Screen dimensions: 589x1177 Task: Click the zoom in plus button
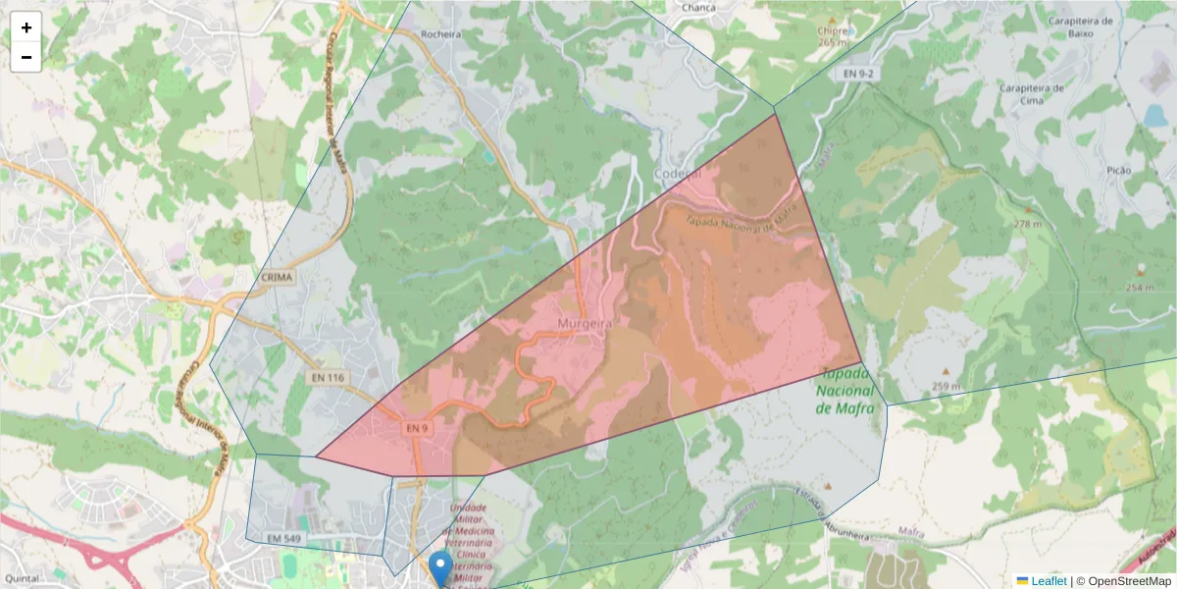point(26,27)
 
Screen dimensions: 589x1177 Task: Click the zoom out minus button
point(26,57)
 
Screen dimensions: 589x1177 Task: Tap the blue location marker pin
point(441,566)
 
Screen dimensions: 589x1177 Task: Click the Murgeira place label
point(585,323)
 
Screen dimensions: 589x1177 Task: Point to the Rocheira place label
point(440,33)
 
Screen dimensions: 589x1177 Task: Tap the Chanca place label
point(698,8)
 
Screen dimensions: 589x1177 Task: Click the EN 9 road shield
point(416,429)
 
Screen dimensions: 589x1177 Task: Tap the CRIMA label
point(279,278)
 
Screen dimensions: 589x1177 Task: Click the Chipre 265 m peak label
point(832,35)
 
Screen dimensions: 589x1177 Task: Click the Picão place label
point(1118,171)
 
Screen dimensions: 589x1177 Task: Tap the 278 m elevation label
point(1027,224)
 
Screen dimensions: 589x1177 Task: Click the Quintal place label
point(21,579)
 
